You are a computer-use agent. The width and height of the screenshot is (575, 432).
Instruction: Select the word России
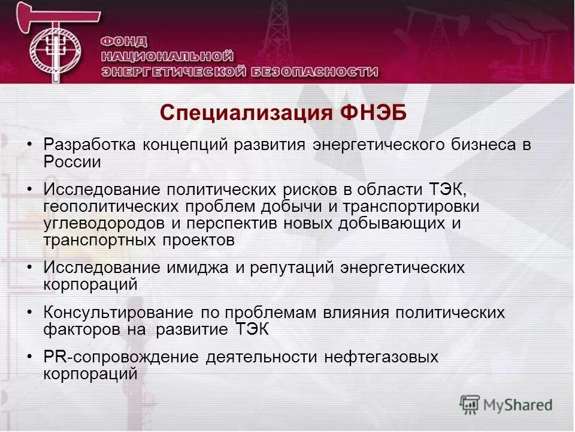pyautogui.click(x=72, y=161)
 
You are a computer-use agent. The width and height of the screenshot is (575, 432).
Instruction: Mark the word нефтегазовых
pyautogui.click(x=382, y=358)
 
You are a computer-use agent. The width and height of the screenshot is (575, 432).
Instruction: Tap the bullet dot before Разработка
pyautogui.click(x=30, y=146)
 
